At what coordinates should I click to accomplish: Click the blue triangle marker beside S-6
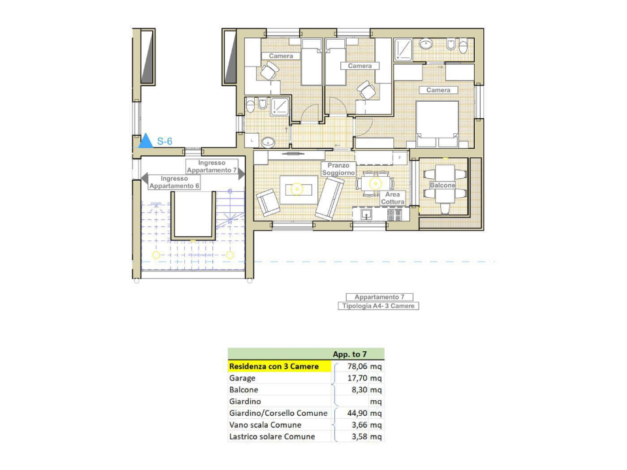point(146,141)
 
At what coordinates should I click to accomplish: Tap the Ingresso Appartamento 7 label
point(212,166)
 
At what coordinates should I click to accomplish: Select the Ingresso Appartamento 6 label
point(174,182)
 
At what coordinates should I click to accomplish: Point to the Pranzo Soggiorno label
point(338,169)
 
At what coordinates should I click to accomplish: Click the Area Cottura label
point(393,198)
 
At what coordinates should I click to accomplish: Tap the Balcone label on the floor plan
point(442,186)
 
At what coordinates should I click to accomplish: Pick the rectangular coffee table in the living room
point(297,189)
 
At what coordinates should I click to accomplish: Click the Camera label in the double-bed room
point(438,90)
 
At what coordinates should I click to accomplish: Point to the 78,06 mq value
point(364,366)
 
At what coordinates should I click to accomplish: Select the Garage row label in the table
point(242,378)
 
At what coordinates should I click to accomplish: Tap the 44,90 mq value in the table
point(364,413)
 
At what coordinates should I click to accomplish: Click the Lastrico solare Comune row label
point(272,437)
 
